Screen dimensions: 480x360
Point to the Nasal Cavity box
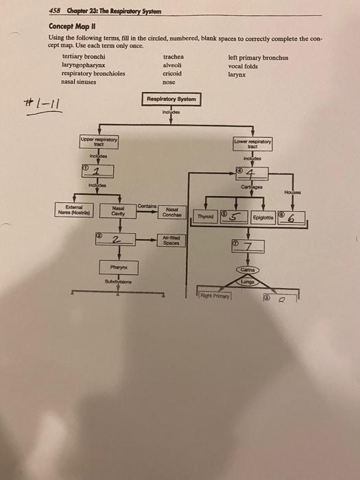point(118,213)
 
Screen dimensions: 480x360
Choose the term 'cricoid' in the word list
point(172,73)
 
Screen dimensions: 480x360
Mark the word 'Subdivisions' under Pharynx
point(118,280)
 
